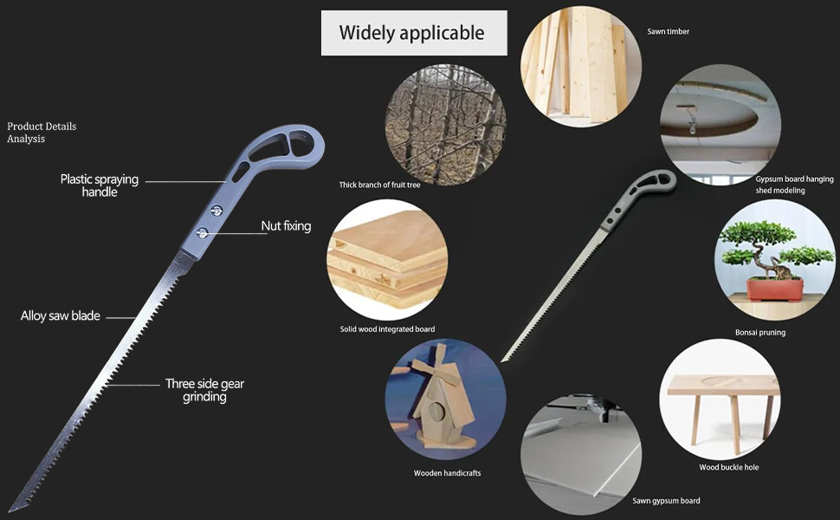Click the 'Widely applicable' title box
coord(413,33)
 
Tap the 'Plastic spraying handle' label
coord(99,185)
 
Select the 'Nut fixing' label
coord(286,226)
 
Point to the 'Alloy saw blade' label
coord(61,316)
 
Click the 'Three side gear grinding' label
coord(204,390)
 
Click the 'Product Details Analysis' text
coord(42,133)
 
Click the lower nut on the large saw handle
coord(202,231)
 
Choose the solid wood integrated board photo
coord(387,260)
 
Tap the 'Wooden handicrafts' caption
coord(447,473)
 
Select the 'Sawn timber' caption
coord(669,32)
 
